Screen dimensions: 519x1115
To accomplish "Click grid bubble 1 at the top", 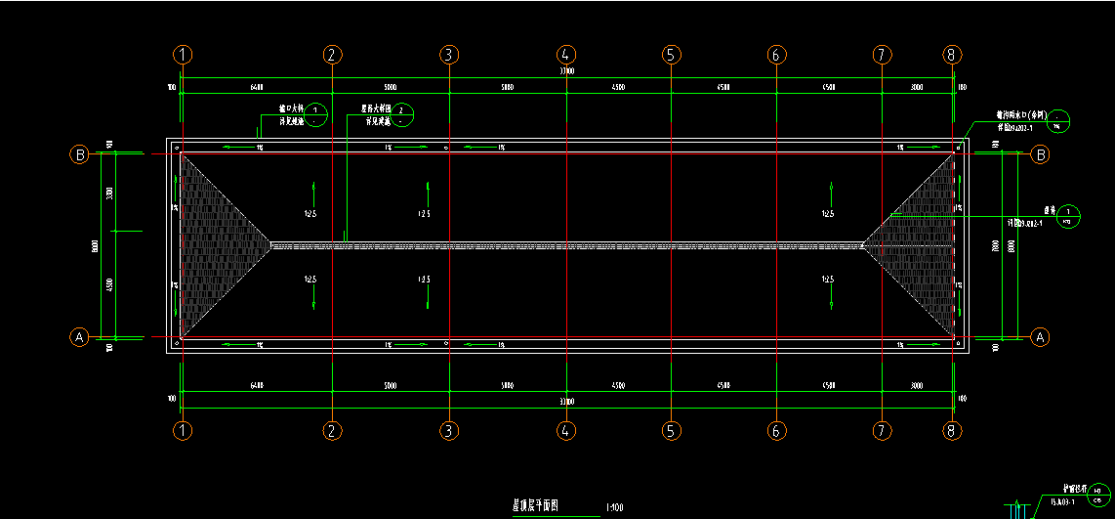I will click(x=184, y=55).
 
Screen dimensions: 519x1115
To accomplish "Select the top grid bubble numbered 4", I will click(x=564, y=55).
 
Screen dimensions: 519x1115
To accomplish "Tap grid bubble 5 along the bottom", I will click(x=671, y=430).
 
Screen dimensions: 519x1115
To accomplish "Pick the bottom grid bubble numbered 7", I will click(x=882, y=430).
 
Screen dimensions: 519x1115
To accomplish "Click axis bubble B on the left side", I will click(x=79, y=154).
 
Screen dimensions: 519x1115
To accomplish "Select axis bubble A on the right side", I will click(x=1041, y=336).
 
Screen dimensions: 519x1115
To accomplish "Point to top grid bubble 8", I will click(x=953, y=55).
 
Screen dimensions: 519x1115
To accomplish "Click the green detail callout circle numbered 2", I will click(x=403, y=115).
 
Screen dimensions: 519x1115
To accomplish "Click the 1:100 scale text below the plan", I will click(x=614, y=507).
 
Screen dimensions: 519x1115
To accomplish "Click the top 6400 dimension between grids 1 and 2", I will click(x=257, y=88).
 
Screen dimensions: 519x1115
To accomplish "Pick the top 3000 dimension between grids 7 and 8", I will click(x=917, y=88).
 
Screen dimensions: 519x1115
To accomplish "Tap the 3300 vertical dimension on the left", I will click(x=109, y=193).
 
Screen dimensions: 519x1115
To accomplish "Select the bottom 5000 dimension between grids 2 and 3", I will click(x=390, y=387).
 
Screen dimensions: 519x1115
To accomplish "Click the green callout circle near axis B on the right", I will click(x=1060, y=121).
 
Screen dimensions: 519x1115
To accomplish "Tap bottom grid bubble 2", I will click(x=332, y=430).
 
